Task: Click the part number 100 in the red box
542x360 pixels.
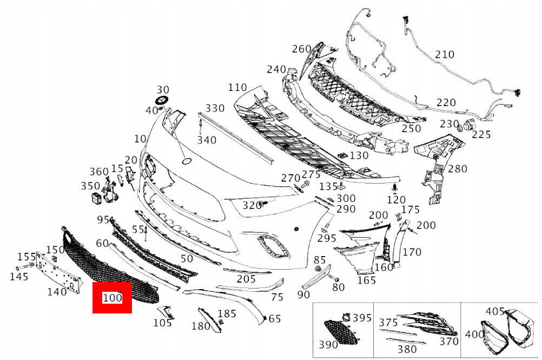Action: tap(112, 298)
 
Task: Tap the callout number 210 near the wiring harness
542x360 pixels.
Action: tap(445, 55)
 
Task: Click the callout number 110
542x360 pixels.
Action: tap(237, 87)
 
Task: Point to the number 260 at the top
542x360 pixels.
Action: tap(301, 49)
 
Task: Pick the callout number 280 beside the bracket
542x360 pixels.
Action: tap(457, 169)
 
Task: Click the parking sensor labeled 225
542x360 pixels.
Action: tap(468, 128)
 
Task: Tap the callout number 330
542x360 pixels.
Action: tap(214, 108)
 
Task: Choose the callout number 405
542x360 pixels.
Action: tap(494, 311)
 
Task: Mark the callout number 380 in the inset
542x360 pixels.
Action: tap(407, 349)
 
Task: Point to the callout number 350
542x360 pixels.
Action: tap(90, 186)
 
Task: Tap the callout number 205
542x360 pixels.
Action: tap(246, 279)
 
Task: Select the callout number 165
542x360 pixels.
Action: tap(366, 280)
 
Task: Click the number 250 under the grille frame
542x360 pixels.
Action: tap(411, 128)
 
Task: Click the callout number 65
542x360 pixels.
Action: tap(275, 318)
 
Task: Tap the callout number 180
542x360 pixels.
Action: tap(201, 326)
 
